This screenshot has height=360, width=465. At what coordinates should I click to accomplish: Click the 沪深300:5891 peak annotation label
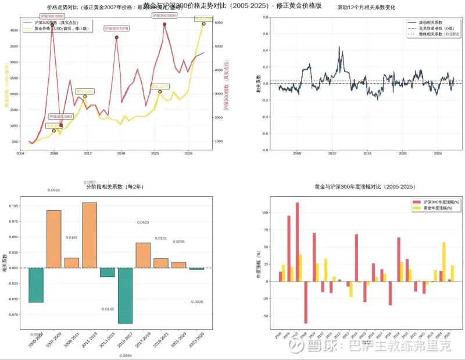click(x=52, y=16)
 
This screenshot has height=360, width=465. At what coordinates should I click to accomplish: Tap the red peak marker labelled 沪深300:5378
click(x=117, y=37)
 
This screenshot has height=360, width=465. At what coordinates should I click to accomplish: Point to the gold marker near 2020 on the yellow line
click(x=160, y=91)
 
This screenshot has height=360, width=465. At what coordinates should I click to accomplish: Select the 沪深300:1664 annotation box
click(x=60, y=117)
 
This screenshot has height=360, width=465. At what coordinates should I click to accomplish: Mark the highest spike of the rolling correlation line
click(x=339, y=48)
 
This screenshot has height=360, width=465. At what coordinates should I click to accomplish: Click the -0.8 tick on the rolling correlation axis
click(x=265, y=150)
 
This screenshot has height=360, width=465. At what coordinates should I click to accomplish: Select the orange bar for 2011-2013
click(x=90, y=235)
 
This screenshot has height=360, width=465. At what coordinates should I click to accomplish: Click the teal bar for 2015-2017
click(x=126, y=296)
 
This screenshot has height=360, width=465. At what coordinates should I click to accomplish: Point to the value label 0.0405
click(x=144, y=222)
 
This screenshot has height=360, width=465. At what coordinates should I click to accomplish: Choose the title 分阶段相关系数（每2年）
click(x=115, y=187)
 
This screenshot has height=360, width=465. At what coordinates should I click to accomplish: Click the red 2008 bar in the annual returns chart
click(x=306, y=303)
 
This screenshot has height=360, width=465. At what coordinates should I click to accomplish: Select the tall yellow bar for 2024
click(x=444, y=262)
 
